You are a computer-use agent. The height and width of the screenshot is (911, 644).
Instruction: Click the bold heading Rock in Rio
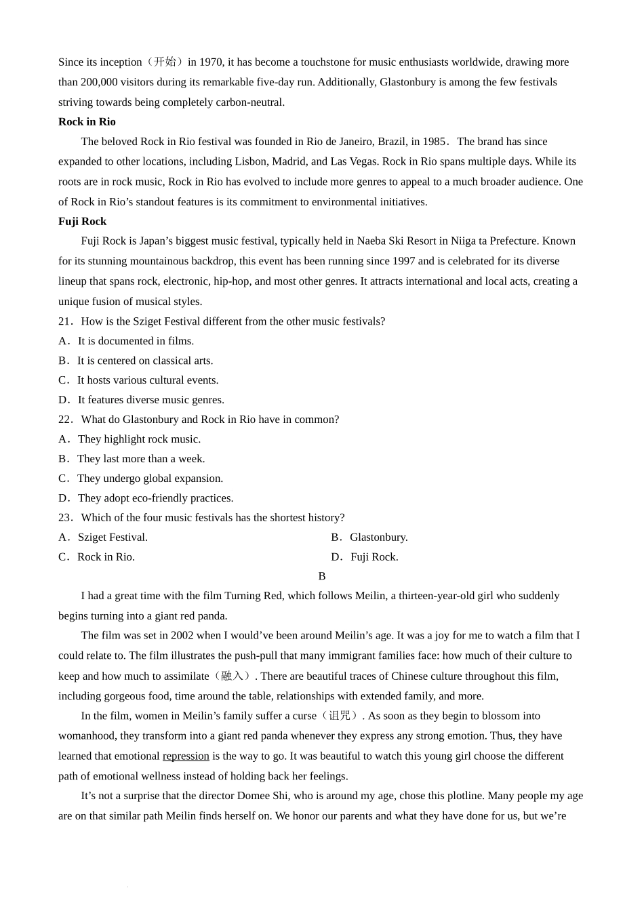pos(87,122)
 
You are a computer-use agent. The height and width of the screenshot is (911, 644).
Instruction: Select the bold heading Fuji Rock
pos(82,222)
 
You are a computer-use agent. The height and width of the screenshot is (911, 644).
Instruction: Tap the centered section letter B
pos(322,576)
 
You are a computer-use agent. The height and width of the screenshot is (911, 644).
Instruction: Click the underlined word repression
pos(186,756)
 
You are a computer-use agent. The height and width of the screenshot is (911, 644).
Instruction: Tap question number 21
pos(65,321)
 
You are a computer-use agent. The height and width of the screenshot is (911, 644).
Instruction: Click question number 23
pos(65,518)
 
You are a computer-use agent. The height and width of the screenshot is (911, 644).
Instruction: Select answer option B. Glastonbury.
pos(369,538)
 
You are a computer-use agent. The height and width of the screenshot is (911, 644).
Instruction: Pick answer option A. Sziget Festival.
pos(103,538)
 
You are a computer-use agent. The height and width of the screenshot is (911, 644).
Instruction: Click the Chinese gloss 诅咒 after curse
pos(340,716)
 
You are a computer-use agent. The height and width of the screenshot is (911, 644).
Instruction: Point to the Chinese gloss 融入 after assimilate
pos(232,676)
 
